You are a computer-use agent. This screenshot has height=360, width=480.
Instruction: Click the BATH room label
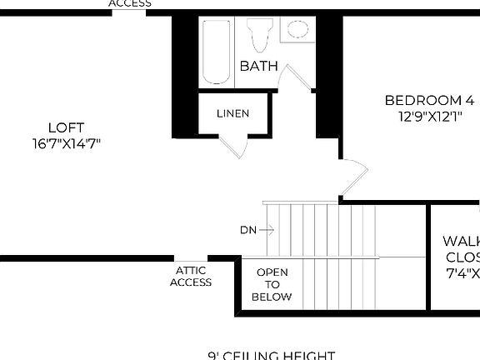pyautogui.click(x=259, y=65)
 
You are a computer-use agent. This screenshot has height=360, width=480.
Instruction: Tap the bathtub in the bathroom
pyautogui.click(x=216, y=52)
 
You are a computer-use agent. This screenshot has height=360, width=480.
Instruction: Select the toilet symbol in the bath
pyautogui.click(x=259, y=35)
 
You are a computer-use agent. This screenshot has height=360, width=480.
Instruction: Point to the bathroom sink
pyautogui.click(x=297, y=30)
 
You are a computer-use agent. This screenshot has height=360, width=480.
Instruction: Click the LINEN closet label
pyautogui.click(x=232, y=113)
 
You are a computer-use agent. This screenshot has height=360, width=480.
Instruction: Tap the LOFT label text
pyautogui.click(x=66, y=127)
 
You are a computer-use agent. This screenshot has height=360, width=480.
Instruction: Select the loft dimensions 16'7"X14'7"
pyautogui.click(x=66, y=143)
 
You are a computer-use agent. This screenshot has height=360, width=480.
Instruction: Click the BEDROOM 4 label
pyautogui.click(x=429, y=101)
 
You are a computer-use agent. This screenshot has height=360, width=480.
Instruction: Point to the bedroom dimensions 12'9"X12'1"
pyautogui.click(x=429, y=117)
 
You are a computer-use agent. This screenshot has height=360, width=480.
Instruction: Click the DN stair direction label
pyautogui.click(x=247, y=229)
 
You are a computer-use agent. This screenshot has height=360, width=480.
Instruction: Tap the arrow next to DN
pyautogui.click(x=267, y=229)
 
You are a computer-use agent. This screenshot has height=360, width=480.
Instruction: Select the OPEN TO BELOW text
pyautogui.click(x=273, y=284)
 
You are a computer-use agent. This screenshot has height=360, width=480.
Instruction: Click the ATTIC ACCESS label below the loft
pyautogui.click(x=191, y=276)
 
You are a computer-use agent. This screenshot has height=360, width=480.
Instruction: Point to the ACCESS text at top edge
pyautogui.click(x=131, y=3)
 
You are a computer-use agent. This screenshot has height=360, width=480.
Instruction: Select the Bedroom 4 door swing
pyautogui.click(x=354, y=176)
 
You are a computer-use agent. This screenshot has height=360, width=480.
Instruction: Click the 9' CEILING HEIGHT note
pyautogui.click(x=272, y=355)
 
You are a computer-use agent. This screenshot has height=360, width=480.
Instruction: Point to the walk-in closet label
pyautogui.click(x=462, y=257)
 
